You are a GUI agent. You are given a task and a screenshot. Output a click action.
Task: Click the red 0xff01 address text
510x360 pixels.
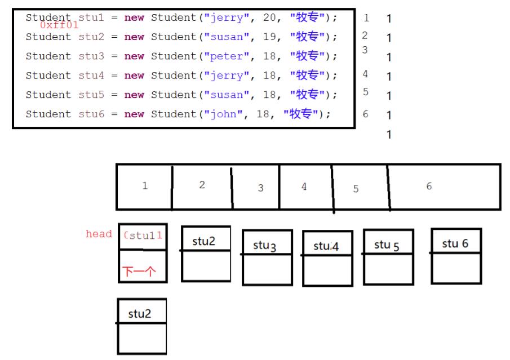coord(59,25)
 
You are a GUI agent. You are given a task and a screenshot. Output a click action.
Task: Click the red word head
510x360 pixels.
coord(99,234)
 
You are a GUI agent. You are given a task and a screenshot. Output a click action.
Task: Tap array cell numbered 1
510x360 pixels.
coord(145,186)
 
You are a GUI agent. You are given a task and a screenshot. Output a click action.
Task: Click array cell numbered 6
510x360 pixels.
coord(429,186)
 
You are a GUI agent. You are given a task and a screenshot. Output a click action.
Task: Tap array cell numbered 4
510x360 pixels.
coord(304,186)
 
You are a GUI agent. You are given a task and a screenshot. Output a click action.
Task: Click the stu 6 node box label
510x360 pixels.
coord(455,243)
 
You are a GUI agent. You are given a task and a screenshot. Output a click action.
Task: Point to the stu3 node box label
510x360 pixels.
coord(265,246)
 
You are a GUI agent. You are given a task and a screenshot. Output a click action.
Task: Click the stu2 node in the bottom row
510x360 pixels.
coord(140,314)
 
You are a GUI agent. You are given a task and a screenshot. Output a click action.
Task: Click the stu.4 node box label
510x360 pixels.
coord(325,246)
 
